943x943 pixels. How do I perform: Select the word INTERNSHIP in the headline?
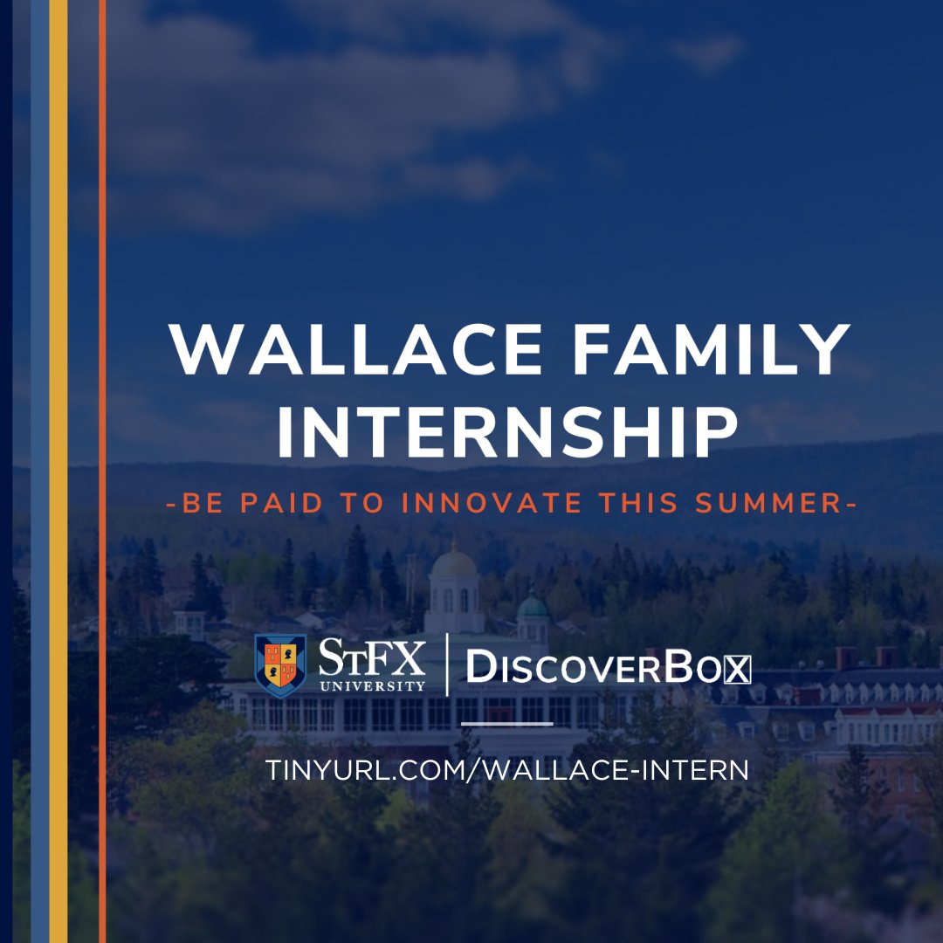(506, 432)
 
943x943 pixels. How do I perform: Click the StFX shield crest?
(280, 664)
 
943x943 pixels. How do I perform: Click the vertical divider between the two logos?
(447, 665)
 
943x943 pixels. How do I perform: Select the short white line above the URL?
(506, 723)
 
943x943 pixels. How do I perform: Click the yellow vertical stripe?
(58, 471)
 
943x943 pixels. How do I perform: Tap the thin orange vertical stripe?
(102, 471)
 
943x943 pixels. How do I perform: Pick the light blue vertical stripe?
(39, 471)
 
